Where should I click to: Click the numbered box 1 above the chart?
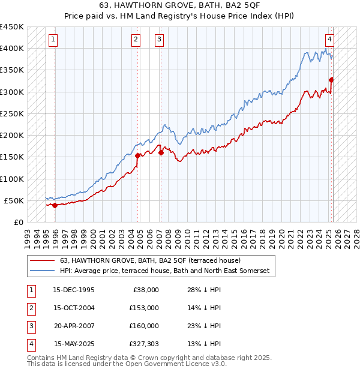click(53, 40)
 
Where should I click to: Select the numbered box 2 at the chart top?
click(136, 40)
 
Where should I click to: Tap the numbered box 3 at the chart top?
click(159, 40)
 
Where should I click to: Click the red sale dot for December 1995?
click(55, 205)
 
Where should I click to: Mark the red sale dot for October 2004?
click(138, 155)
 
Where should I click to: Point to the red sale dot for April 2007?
click(161, 152)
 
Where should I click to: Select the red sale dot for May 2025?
click(331, 79)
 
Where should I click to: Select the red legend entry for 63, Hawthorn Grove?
click(150, 260)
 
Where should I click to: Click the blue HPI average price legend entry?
click(165, 271)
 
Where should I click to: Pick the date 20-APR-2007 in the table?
click(74, 326)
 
